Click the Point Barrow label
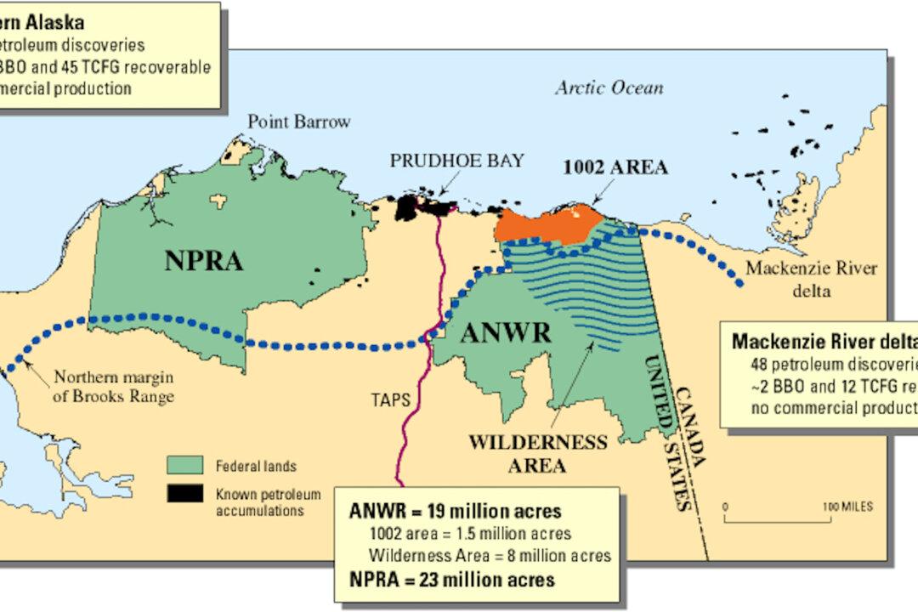click(298, 122)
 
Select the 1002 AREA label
click(615, 167)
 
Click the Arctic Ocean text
click(609, 88)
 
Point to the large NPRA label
click(204, 261)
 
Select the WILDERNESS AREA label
click(538, 453)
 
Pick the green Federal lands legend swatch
click(184, 466)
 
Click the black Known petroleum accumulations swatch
click(184, 493)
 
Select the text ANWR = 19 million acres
click(455, 512)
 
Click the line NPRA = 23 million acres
click(452, 580)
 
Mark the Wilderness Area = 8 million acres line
click(490, 557)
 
